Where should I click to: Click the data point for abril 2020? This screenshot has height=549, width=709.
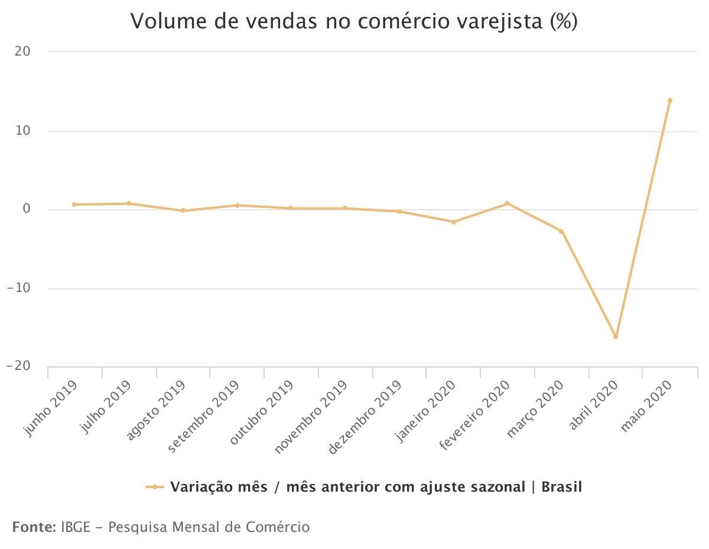(x=615, y=337)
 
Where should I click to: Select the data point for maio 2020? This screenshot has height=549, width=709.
(x=669, y=100)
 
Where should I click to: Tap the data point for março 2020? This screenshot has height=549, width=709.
(x=561, y=231)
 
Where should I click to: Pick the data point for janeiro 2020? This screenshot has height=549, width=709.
(x=454, y=222)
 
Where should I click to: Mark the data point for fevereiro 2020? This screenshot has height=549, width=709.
(x=507, y=203)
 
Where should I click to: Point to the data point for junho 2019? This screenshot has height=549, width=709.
(x=74, y=204)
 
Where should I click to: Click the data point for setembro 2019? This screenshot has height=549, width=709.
(x=237, y=205)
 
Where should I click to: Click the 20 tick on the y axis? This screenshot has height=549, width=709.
(x=22, y=51)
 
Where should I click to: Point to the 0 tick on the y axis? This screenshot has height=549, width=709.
(x=26, y=209)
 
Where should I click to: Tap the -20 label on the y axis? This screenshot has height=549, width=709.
(x=18, y=366)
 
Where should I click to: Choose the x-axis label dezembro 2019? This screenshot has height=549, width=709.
(x=365, y=417)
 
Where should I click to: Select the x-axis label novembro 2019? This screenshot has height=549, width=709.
(x=311, y=417)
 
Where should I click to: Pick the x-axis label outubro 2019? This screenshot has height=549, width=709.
(x=261, y=412)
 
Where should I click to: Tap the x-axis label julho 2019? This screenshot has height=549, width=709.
(x=105, y=407)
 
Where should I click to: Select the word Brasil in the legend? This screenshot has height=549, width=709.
(x=561, y=487)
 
